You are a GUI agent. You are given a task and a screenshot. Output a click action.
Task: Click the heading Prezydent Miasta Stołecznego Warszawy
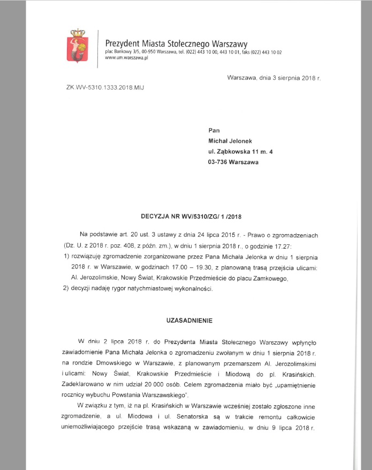coord(176,43)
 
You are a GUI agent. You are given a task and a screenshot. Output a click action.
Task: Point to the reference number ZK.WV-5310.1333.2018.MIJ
coord(105,87)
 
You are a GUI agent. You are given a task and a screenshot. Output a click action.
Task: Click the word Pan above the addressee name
coord(214,130)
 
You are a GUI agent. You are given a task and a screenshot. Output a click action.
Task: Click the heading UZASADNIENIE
coord(191,320)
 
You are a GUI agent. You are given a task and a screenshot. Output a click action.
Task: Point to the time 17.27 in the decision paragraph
coord(285,244)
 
